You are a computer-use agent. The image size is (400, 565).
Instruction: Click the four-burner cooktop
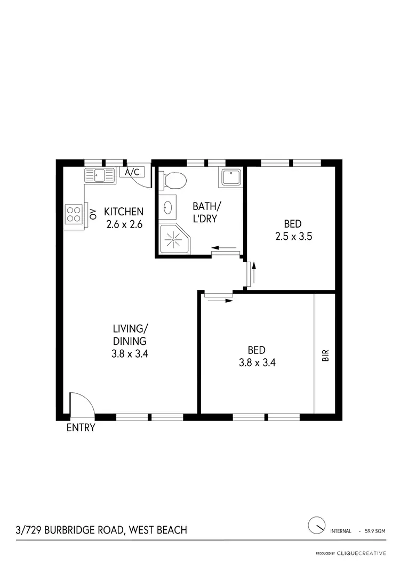(74, 214)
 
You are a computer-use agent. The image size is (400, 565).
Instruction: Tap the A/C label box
(132, 172)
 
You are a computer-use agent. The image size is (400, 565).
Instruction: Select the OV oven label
(93, 214)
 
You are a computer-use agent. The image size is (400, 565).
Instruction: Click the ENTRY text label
(81, 427)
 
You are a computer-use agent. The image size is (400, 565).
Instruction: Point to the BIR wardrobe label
(325, 356)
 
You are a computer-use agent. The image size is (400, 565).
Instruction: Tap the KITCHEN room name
(123, 212)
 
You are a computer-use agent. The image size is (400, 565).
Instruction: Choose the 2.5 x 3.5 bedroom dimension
(293, 236)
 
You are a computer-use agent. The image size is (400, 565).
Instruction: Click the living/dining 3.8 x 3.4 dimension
(130, 352)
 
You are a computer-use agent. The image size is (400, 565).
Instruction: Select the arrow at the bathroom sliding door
(223, 247)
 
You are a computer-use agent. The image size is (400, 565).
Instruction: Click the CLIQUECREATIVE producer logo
(361, 553)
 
